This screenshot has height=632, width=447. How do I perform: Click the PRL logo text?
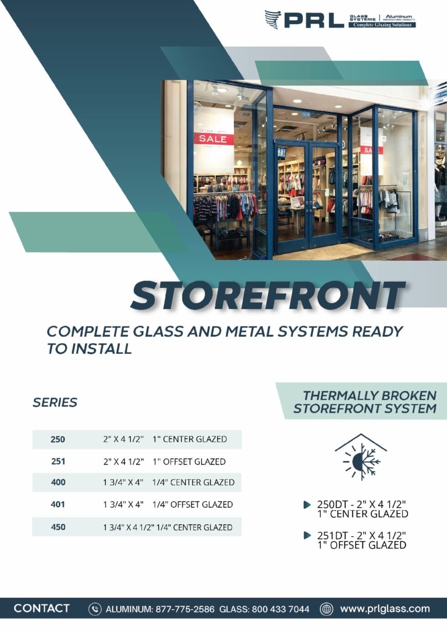[314, 20]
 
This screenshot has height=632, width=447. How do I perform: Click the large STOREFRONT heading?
[268, 295]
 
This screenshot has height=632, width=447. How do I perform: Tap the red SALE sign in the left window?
[213, 139]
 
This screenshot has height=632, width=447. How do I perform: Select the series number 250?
[58, 440]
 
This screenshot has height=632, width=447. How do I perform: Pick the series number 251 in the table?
[58, 461]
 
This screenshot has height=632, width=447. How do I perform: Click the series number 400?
[58, 482]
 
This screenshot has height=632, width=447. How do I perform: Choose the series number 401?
[58, 505]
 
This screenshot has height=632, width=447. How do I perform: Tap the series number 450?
[58, 527]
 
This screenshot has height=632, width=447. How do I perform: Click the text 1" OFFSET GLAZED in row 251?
[189, 461]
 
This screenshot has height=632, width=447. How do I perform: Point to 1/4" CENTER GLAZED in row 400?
[193, 482]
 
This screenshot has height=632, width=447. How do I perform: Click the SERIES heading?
[55, 403]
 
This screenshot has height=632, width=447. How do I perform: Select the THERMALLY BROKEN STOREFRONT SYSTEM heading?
[365, 402]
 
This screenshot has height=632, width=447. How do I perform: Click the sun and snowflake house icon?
[361, 457]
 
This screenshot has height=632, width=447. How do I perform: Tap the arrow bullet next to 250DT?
[307, 505]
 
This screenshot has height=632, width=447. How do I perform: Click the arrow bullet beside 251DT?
[307, 535]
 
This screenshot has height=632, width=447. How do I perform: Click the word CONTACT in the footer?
[42, 608]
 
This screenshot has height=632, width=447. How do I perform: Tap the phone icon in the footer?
[95, 609]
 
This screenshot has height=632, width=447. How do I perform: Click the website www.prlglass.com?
[385, 609]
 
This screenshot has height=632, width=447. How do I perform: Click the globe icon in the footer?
[326, 609]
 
